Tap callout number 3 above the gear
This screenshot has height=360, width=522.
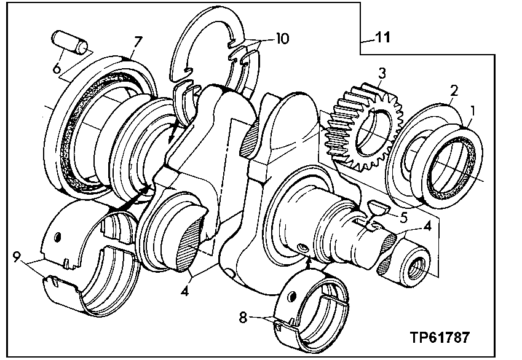382,72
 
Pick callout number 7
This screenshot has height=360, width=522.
138,42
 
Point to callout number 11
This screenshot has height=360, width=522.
382,38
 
